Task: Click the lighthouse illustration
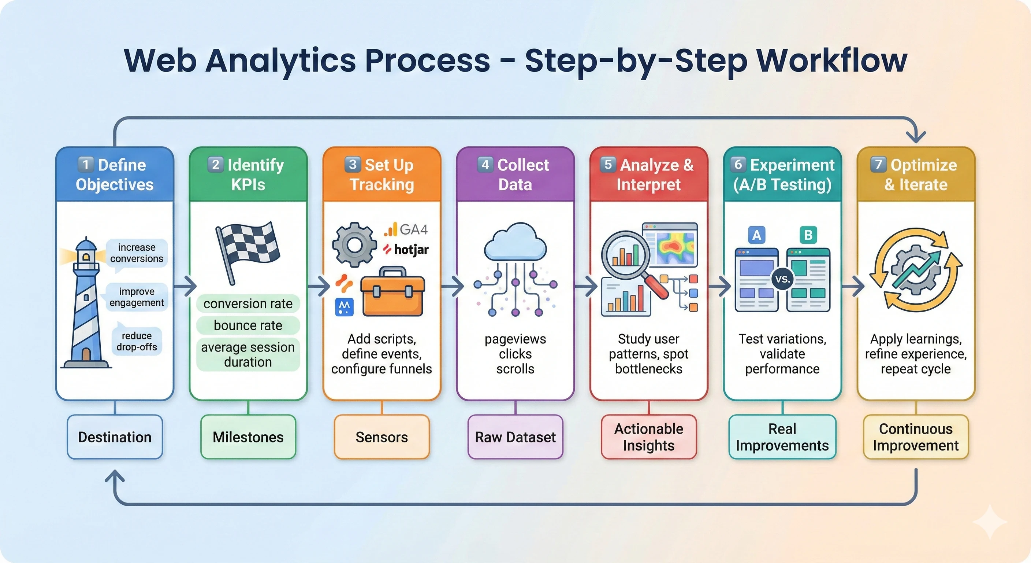[x=85, y=305]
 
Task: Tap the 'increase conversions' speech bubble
[x=137, y=253]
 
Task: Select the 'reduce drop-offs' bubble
[x=137, y=341]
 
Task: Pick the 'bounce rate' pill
[x=248, y=325]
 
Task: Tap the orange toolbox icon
[x=392, y=292]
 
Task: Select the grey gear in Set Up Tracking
[x=354, y=244]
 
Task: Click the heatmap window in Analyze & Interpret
[x=670, y=244]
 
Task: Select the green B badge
[x=808, y=235]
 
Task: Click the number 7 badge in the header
[x=878, y=164]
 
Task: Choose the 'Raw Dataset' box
[x=515, y=437]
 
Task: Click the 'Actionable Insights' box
[x=648, y=437]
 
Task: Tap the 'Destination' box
[x=115, y=437]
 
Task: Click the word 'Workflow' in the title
[x=831, y=61]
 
